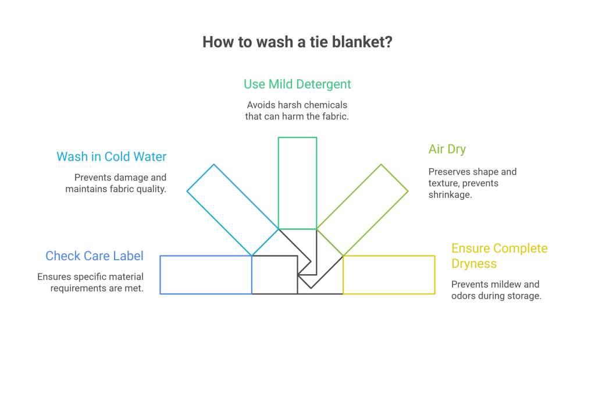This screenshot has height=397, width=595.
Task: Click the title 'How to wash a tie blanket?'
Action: [x=297, y=42]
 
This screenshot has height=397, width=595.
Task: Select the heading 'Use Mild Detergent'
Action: [x=297, y=84]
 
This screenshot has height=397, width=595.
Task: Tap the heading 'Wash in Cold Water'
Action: [x=112, y=157]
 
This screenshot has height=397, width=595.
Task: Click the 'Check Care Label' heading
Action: [x=94, y=256]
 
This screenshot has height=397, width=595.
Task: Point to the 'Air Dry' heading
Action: [x=447, y=149]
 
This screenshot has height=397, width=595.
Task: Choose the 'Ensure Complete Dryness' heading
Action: [x=499, y=256]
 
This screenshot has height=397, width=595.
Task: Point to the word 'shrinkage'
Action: [x=451, y=194]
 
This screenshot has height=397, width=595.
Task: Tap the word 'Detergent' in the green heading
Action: [x=323, y=84]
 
